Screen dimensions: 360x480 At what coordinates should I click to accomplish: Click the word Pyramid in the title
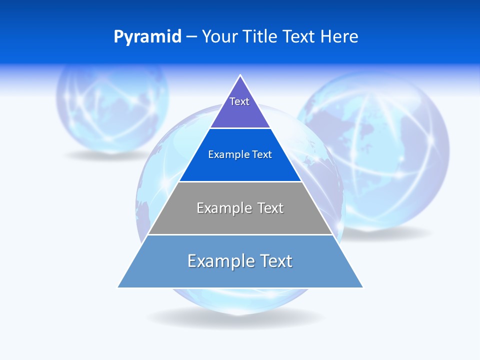coord(147,37)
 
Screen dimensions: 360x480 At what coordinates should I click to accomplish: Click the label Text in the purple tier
coord(239,101)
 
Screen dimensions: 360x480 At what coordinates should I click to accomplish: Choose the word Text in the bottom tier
coord(274,261)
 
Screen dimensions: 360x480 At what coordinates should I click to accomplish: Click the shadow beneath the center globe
coord(235,317)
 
